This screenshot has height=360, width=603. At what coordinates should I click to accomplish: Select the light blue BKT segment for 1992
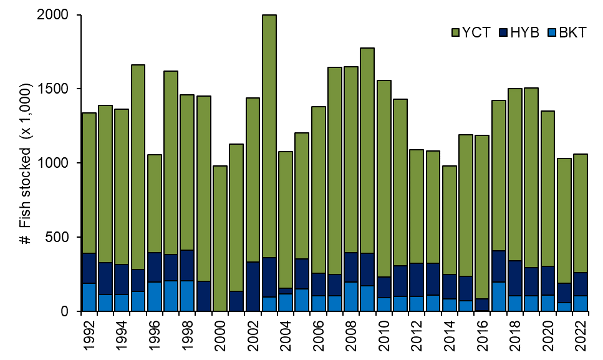pos(89,297)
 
